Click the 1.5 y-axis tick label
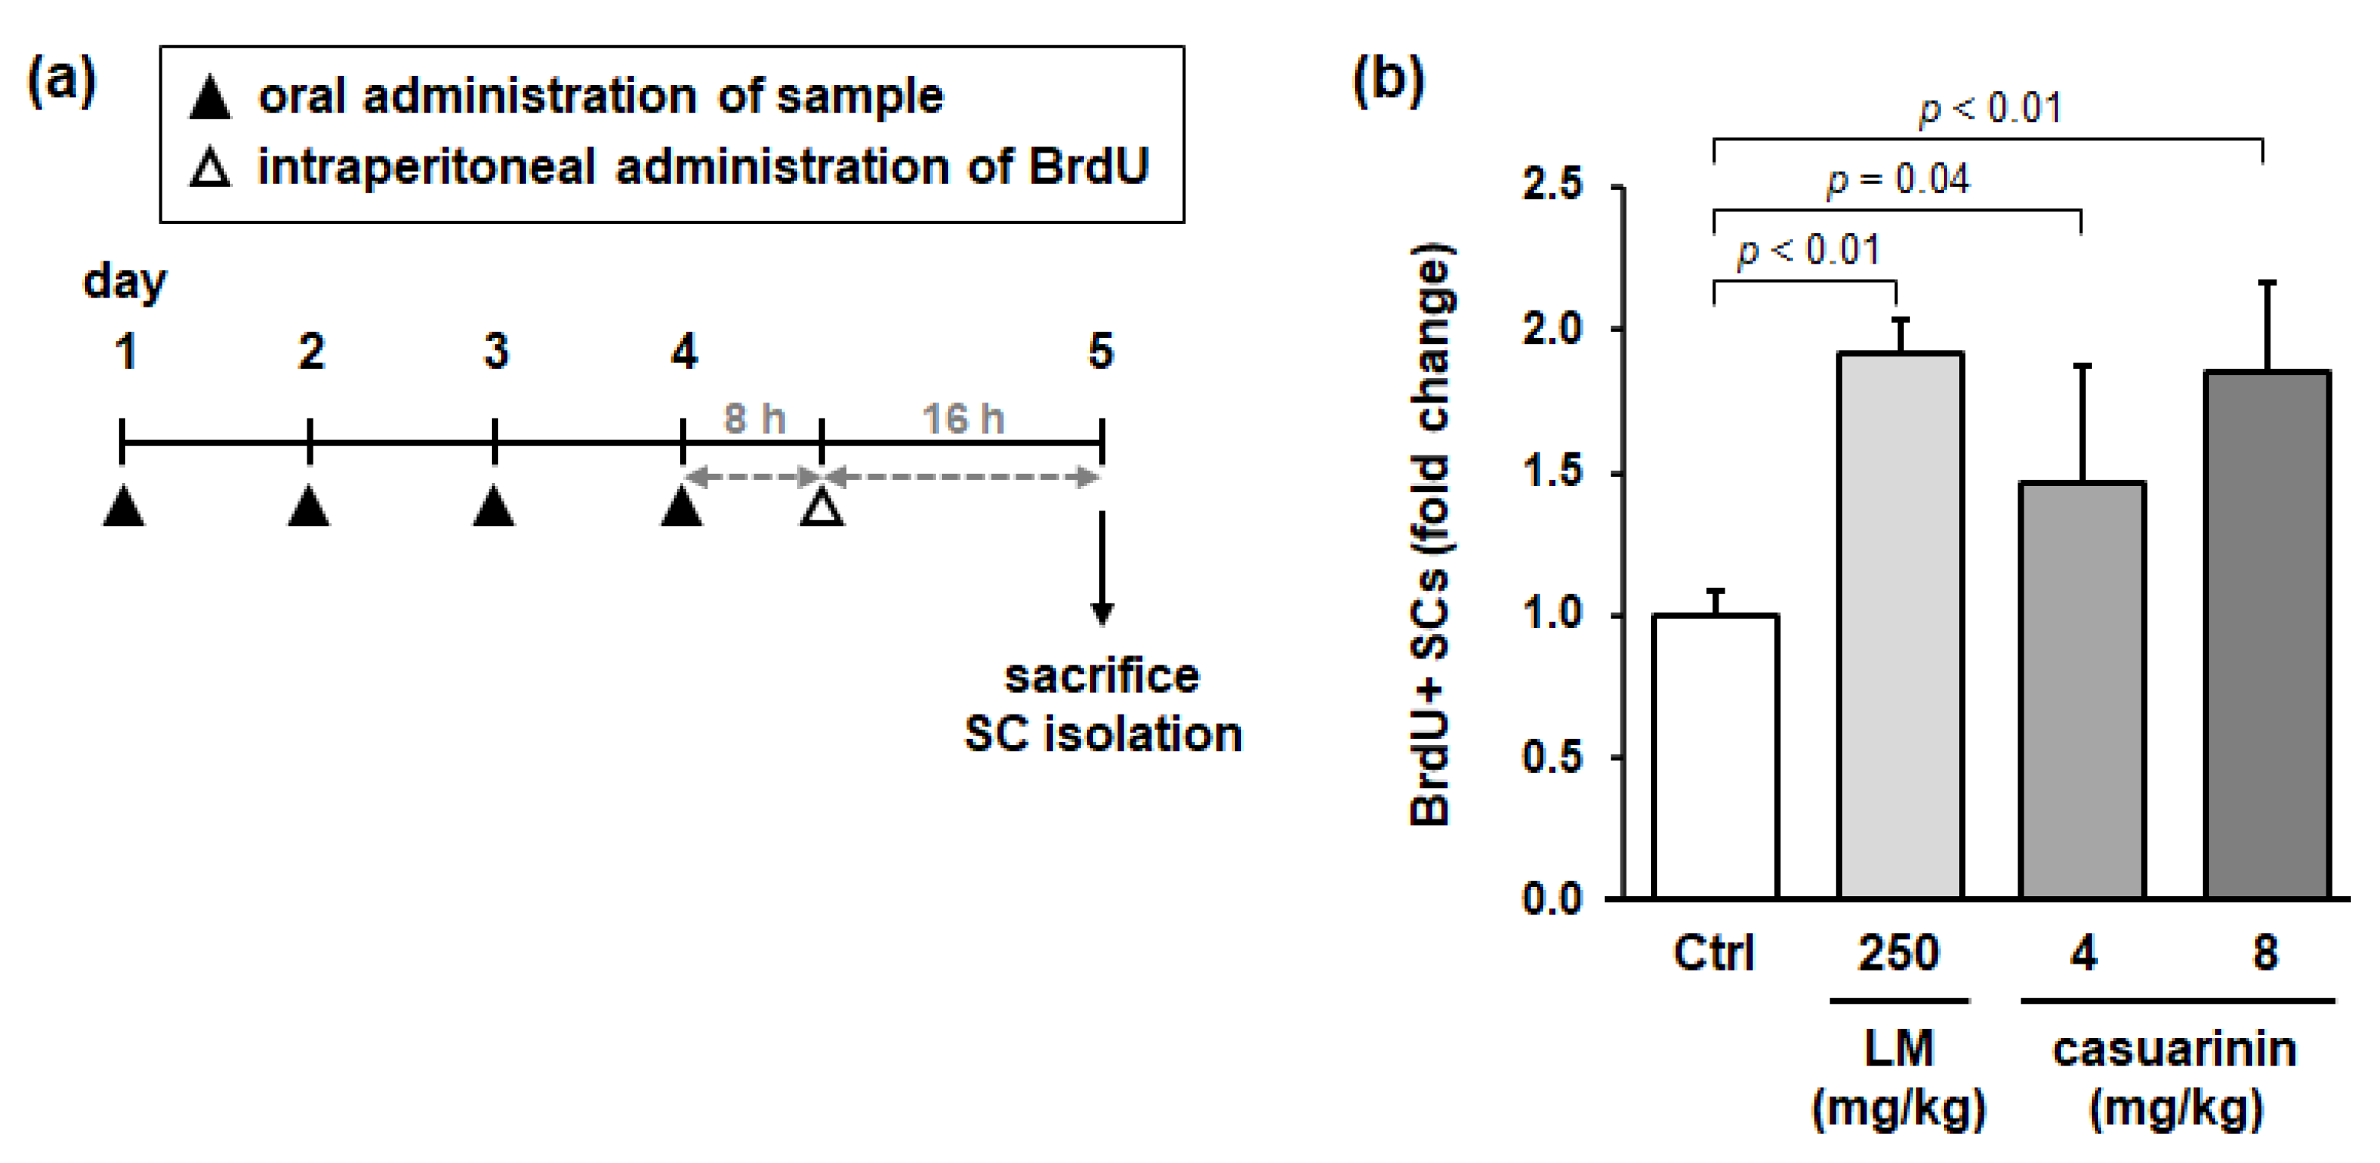tap(1553, 472)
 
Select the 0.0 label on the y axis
tap(1553, 898)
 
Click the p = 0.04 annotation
tap(1898, 179)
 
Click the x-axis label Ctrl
tap(1714, 952)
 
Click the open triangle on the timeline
tap(822, 508)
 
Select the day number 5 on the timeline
tap(1101, 351)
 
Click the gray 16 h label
tap(963, 419)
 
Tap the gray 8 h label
tap(754, 419)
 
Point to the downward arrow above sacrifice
tap(1101, 568)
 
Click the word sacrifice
tap(1101, 676)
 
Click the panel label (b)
tap(1387, 81)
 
